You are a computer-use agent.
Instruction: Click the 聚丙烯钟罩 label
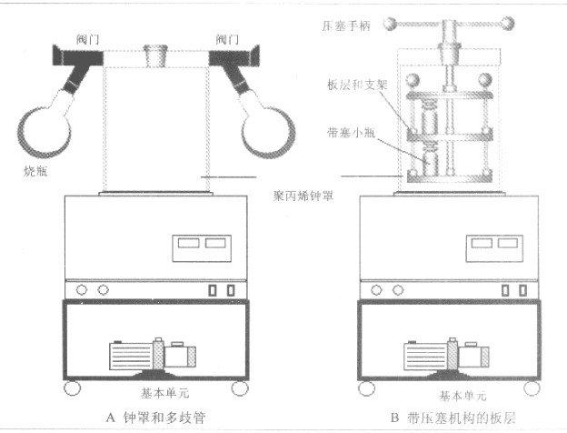[303, 195]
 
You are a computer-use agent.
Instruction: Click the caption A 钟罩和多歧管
[158, 418]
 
